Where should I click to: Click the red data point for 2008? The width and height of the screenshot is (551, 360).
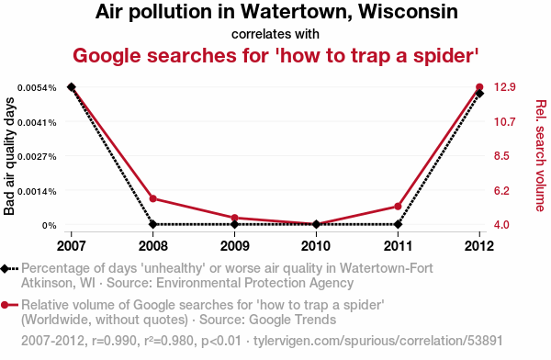pyautogui.click(x=152, y=198)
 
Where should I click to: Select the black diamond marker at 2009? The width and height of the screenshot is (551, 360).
pyautogui.click(x=235, y=224)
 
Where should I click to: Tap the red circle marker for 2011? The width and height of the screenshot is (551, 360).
pyautogui.click(x=398, y=207)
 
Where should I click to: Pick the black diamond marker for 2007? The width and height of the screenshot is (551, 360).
pyautogui.click(x=72, y=87)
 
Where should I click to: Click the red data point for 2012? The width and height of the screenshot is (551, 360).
pyautogui.click(x=479, y=87)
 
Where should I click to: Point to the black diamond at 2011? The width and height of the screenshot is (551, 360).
pyautogui.click(x=398, y=224)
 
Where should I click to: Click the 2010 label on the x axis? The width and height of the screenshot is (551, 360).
pyautogui.click(x=316, y=246)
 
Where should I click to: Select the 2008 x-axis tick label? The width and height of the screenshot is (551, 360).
pyautogui.click(x=152, y=246)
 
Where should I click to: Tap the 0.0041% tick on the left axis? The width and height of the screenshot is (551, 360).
pyautogui.click(x=37, y=123)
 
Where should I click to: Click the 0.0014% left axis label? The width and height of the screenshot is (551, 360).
pyautogui.click(x=37, y=192)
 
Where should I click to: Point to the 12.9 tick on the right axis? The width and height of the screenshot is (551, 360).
pyautogui.click(x=504, y=87)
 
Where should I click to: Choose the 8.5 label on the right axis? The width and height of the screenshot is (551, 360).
pyautogui.click(x=501, y=156)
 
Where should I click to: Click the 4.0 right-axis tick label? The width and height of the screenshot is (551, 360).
pyautogui.click(x=501, y=224)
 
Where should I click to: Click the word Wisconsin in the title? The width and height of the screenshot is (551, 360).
pyautogui.click(x=408, y=11)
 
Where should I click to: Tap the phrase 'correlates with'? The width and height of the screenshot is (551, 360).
pyautogui.click(x=275, y=34)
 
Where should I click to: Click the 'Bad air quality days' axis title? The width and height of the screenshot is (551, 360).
pyautogui.click(x=9, y=156)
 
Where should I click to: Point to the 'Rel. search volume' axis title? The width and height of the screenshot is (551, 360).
pyautogui.click(x=541, y=156)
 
